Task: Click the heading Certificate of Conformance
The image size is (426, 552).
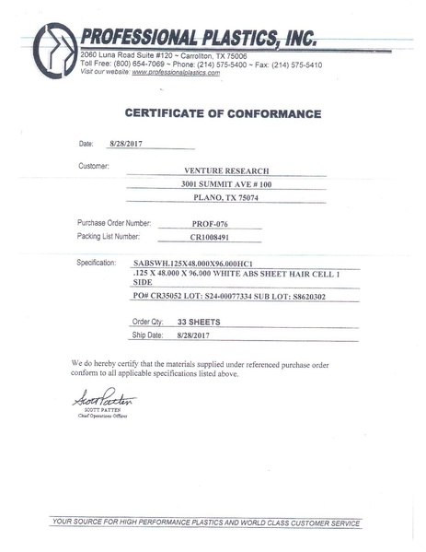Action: pyautogui.click(x=222, y=114)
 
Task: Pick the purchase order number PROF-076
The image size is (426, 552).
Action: pyautogui.click(x=196, y=224)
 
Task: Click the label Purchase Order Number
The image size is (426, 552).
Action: pyautogui.click(x=115, y=224)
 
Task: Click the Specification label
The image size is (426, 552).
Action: pyautogui.click(x=101, y=263)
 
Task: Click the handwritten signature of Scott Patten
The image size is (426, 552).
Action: pyautogui.click(x=103, y=399)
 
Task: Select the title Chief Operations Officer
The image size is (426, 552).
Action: pyautogui.click(x=102, y=417)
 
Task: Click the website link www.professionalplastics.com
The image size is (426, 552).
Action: pyautogui.click(x=176, y=72)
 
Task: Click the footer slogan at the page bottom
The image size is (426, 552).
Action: pyautogui.click(x=206, y=523)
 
